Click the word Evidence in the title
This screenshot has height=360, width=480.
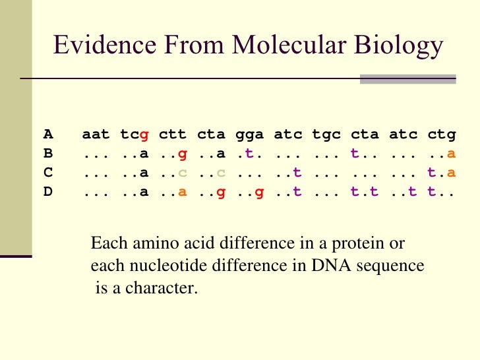point(98,45)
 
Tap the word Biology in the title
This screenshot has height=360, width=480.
point(401,46)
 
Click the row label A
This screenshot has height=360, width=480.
point(48,135)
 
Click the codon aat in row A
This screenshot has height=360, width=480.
point(96,135)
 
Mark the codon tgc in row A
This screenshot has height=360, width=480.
point(326,135)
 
